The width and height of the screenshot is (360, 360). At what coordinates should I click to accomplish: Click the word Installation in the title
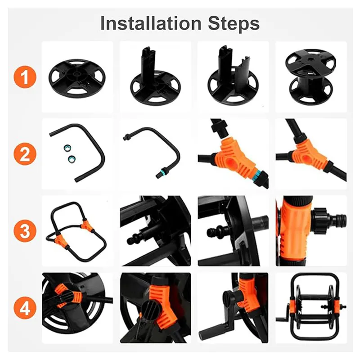tap(151, 23)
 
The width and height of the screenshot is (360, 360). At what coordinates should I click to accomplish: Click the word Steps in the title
tap(234, 24)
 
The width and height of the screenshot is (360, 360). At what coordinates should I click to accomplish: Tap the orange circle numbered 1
tap(25, 77)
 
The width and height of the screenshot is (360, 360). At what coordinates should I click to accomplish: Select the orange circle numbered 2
tap(25, 154)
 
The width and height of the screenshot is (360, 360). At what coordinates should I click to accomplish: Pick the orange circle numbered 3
tap(25, 231)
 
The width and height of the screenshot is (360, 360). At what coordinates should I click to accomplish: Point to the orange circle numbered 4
tap(25, 308)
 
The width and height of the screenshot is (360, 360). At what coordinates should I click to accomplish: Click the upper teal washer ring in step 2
tap(67, 148)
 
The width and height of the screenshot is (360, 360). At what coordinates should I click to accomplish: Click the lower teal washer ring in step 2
tap(72, 158)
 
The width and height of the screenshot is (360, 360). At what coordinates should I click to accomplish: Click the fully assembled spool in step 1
tap(310, 77)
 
